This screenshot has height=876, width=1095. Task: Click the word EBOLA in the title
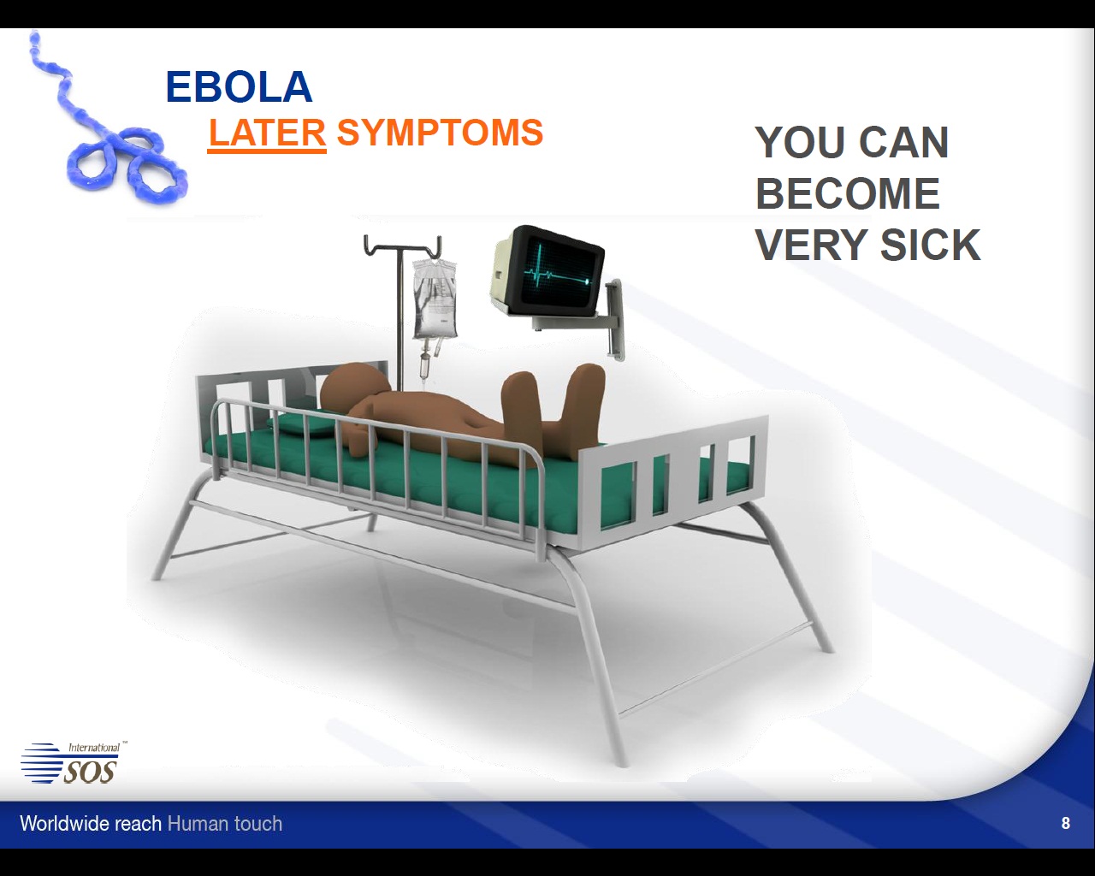tap(239, 87)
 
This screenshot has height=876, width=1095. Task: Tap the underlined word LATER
tap(267, 133)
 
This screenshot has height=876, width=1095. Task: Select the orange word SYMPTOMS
tap(440, 132)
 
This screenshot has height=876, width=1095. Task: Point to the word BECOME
tap(848, 193)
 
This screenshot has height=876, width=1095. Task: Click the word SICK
tap(930, 245)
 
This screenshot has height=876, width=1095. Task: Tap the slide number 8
tap(1066, 823)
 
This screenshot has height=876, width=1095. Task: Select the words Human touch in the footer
tap(225, 824)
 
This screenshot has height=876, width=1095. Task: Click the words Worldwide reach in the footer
tap(91, 824)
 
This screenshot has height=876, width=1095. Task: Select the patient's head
tap(352, 388)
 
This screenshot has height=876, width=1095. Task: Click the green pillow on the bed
tap(305, 424)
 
